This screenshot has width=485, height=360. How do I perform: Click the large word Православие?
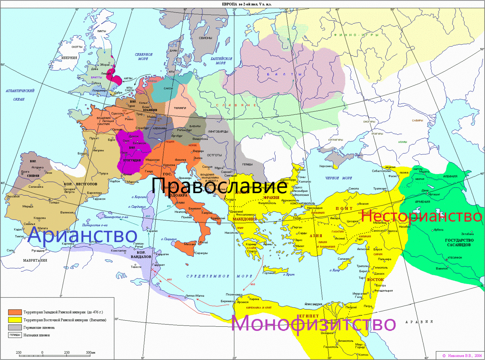pos(219,186)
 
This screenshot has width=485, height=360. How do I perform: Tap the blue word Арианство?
pos(83,235)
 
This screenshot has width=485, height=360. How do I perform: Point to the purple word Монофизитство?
pos(313,324)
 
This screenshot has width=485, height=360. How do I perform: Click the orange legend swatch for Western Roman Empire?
pos(14,312)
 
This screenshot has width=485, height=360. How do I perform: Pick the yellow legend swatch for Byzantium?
pos(14,320)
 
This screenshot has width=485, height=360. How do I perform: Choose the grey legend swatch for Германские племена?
pos(14,327)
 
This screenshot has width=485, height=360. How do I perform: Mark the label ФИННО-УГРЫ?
pos(350,35)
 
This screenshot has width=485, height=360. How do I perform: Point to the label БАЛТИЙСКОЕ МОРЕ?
pos(221,61)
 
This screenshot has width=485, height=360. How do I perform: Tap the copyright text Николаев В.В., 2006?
pos(462,355)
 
